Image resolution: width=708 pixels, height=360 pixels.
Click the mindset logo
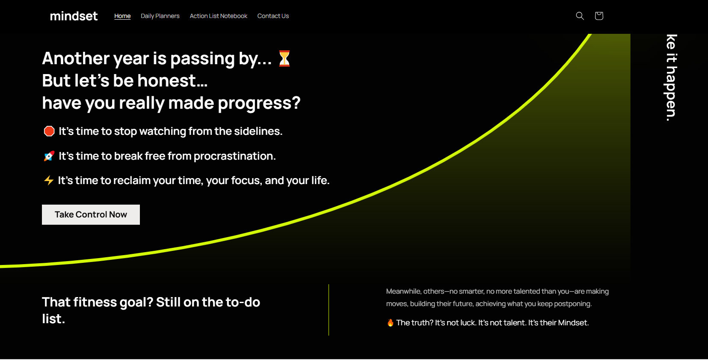[x=74, y=16]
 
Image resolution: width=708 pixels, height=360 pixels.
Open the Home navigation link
[x=122, y=16]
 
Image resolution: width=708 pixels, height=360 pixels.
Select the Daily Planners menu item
[x=160, y=16]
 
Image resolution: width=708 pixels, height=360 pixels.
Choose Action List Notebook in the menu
[x=218, y=16]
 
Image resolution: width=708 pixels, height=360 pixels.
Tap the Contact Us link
[x=273, y=16]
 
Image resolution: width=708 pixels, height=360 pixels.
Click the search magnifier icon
[x=580, y=16]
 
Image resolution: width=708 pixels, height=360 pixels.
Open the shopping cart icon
[x=599, y=16]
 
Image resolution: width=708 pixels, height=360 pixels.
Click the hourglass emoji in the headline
[x=284, y=59]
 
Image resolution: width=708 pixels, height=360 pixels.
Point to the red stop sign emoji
[x=49, y=131]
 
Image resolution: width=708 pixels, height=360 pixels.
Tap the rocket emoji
[x=49, y=156]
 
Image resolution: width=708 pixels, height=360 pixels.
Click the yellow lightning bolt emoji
[x=49, y=180]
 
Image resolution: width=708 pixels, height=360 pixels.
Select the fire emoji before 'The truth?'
[x=390, y=323]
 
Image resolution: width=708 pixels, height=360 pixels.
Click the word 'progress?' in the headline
[x=259, y=103]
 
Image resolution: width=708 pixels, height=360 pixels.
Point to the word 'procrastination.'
[x=234, y=156]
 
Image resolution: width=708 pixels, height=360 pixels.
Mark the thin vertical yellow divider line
[x=329, y=310]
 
